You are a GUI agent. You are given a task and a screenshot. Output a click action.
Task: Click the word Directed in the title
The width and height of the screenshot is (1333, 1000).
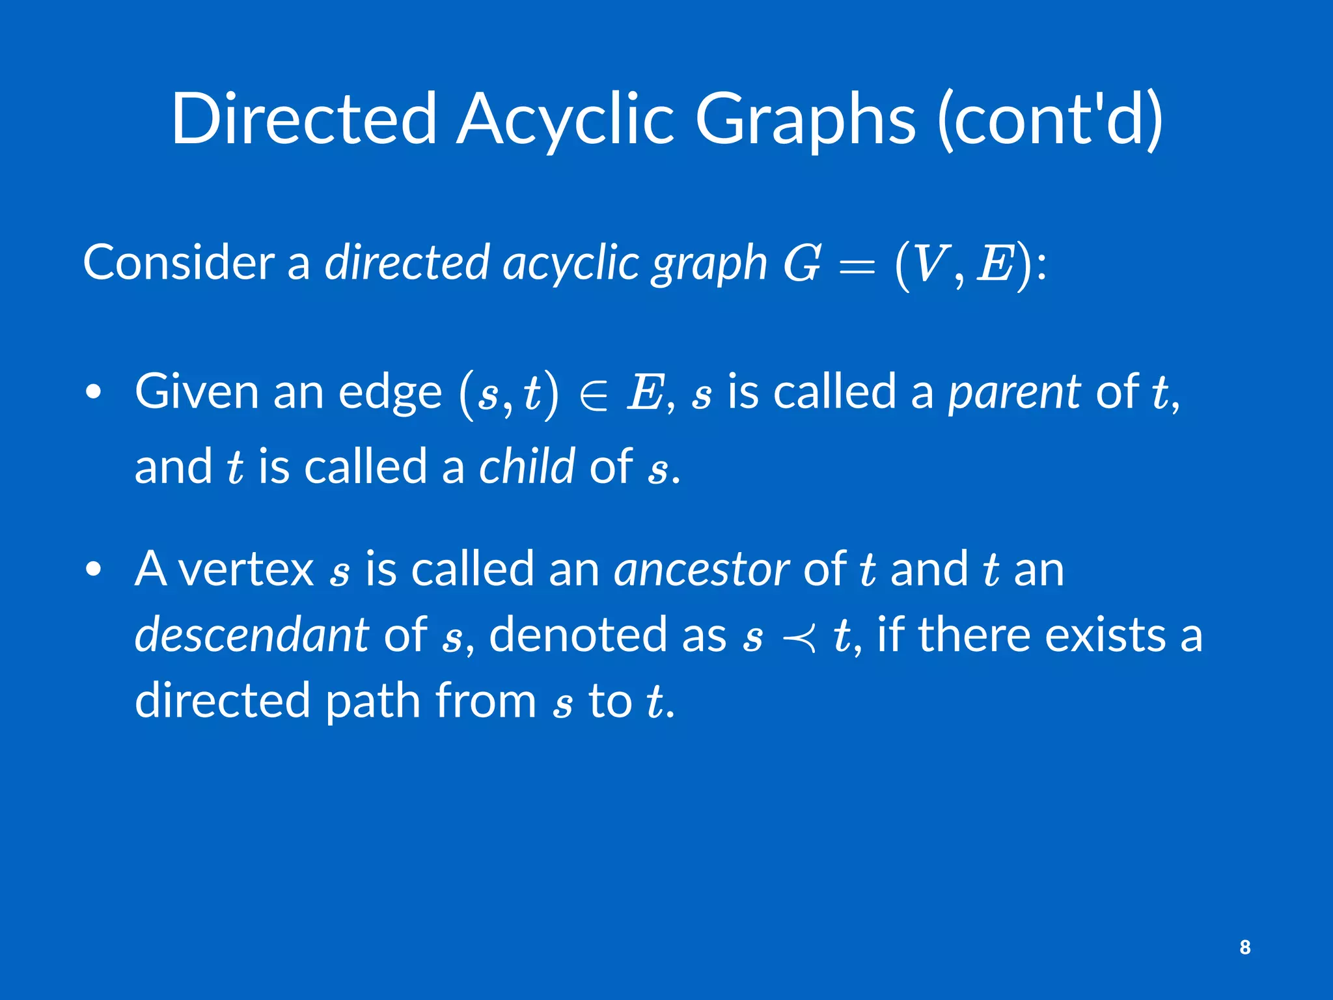pyautogui.click(x=303, y=118)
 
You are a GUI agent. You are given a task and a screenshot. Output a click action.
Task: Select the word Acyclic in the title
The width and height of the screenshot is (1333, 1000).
pyautogui.click(x=565, y=118)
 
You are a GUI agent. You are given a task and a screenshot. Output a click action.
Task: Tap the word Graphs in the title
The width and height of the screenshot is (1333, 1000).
pyautogui.click(x=806, y=118)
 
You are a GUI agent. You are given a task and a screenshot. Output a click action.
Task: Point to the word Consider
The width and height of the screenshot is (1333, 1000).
pyautogui.click(x=178, y=262)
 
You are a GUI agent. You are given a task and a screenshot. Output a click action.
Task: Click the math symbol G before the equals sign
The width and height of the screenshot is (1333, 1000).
pyautogui.click(x=801, y=263)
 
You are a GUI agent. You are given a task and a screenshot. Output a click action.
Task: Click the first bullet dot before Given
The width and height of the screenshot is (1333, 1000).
pyautogui.click(x=94, y=393)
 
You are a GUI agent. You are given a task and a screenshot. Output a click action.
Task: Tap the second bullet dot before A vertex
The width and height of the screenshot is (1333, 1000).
pyautogui.click(x=94, y=569)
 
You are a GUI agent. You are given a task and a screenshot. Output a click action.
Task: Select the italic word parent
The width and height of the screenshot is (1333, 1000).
pyautogui.click(x=1014, y=393)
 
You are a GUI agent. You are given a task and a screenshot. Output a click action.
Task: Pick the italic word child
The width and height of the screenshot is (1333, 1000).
pyautogui.click(x=527, y=467)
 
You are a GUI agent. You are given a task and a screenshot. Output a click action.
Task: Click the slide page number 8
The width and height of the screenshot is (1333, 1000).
pyautogui.click(x=1244, y=947)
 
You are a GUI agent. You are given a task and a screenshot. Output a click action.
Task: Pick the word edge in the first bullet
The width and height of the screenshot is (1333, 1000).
pyautogui.click(x=390, y=393)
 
